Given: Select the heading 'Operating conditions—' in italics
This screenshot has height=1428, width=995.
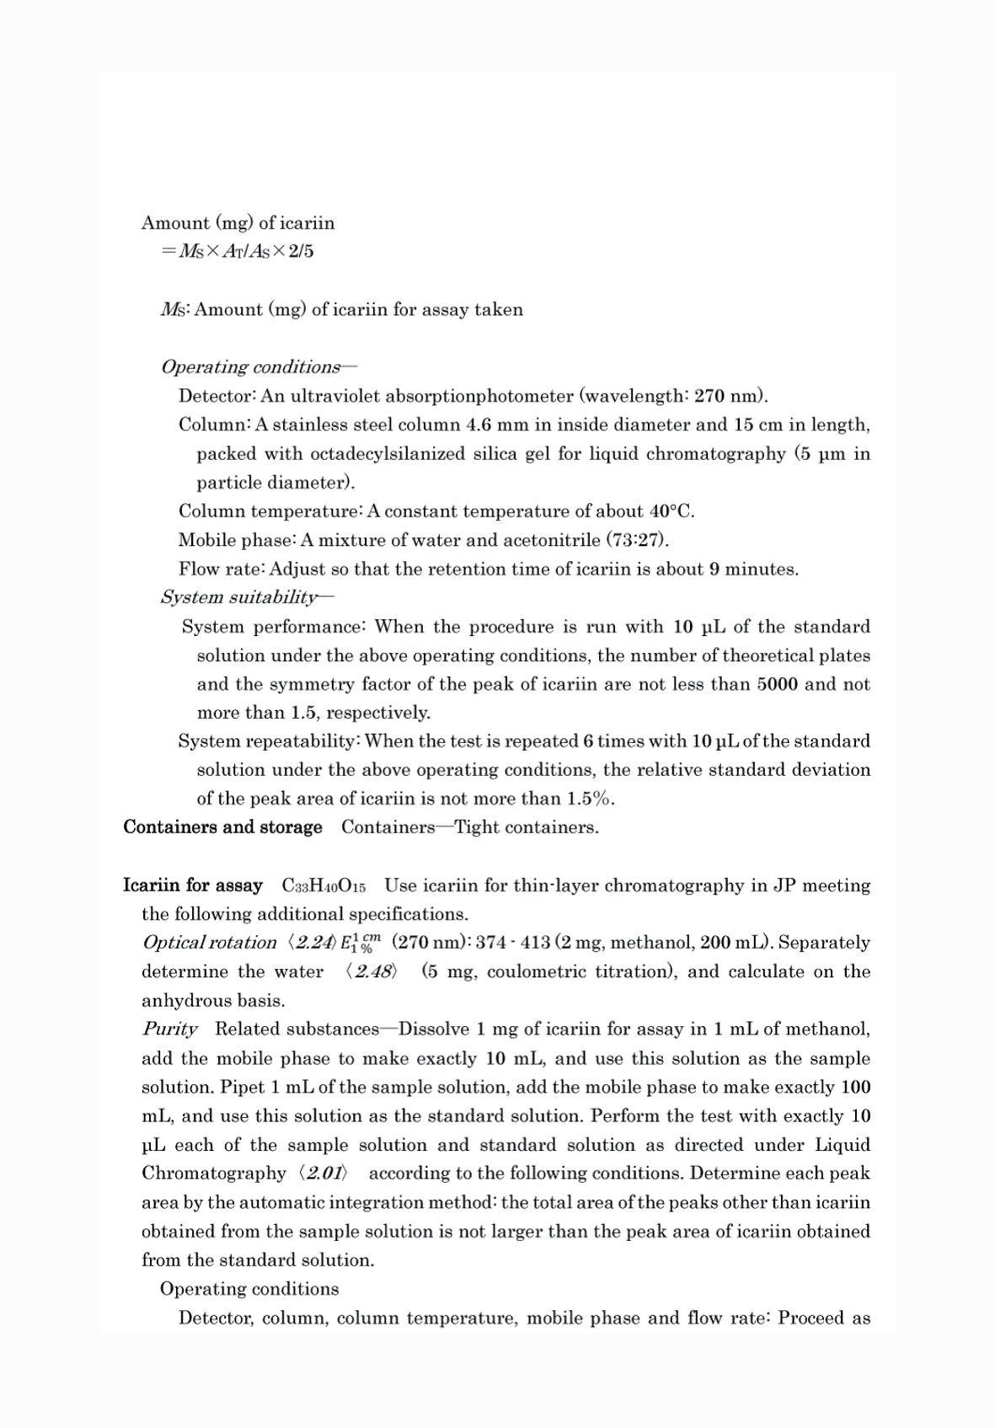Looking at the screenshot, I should [259, 367].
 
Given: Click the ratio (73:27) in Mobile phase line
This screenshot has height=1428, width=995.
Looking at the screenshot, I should [637, 540].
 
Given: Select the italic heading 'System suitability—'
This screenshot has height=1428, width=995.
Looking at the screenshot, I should [247, 597].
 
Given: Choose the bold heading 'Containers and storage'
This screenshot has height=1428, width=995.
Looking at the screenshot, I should [222, 827].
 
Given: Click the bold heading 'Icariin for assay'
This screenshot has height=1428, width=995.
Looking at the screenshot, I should [193, 885].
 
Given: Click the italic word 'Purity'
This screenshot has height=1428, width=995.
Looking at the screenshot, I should [170, 1030].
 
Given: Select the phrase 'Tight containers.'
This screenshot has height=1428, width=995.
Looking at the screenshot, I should [527, 827].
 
